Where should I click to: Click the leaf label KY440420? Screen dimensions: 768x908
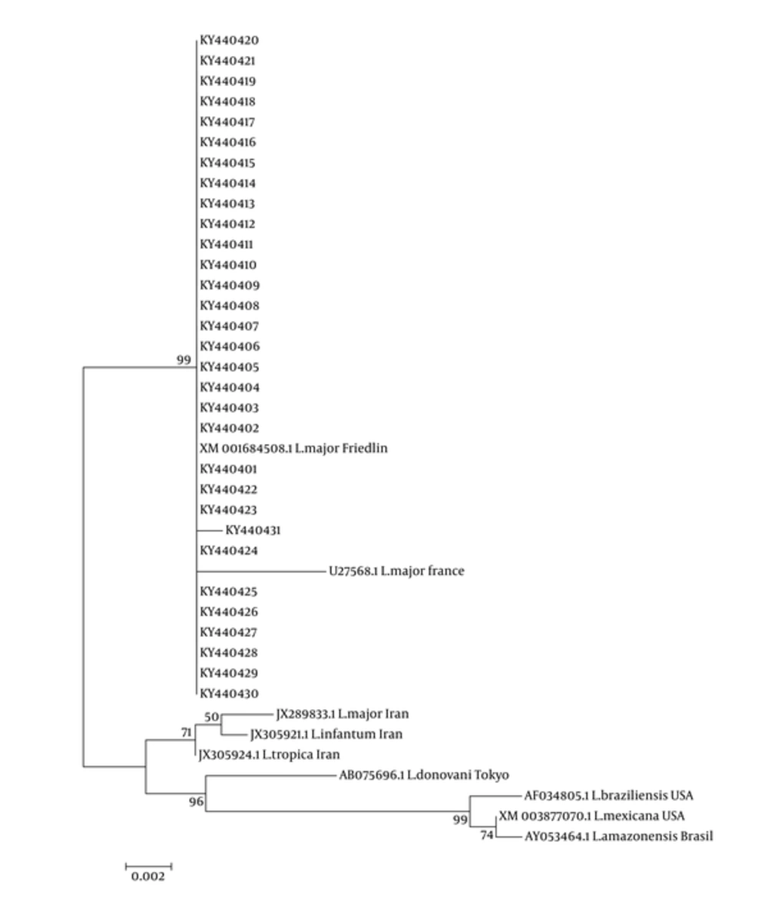click(229, 41)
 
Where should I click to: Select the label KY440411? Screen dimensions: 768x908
click(227, 244)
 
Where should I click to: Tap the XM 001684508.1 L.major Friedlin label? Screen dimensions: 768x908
click(293, 448)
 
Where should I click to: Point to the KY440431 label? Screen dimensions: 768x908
click(253, 530)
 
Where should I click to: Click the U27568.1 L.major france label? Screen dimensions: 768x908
click(396, 571)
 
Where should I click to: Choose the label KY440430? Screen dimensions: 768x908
click(229, 693)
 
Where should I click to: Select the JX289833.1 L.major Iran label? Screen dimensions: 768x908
click(342, 714)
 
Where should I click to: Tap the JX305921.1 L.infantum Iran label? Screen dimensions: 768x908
click(326, 734)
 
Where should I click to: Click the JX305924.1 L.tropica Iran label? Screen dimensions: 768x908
click(269, 754)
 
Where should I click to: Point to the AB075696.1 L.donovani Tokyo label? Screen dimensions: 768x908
click(424, 775)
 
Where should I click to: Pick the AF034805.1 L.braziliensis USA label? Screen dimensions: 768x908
click(609, 796)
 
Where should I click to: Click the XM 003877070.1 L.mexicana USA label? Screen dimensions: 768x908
click(592, 816)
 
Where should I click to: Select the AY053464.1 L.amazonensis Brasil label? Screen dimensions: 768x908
click(619, 837)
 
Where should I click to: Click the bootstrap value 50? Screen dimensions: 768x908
click(211, 717)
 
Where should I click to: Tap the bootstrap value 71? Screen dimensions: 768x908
click(186, 733)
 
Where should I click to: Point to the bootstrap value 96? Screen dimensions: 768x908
click(196, 802)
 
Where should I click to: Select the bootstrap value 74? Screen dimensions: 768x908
click(487, 835)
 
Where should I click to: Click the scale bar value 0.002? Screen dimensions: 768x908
click(148, 877)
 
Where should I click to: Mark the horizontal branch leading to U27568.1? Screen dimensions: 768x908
click(262, 572)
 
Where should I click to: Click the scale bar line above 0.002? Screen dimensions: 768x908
click(149, 867)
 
